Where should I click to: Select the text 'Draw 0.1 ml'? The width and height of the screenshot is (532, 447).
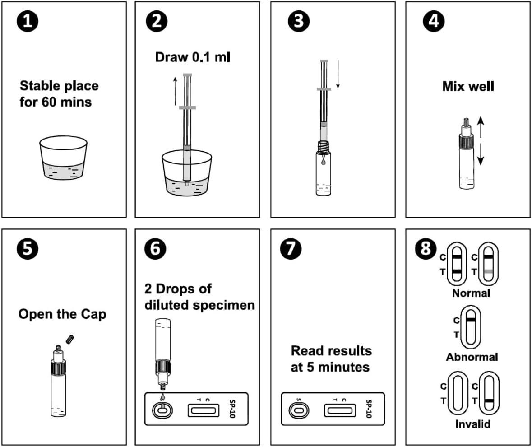click(193, 57)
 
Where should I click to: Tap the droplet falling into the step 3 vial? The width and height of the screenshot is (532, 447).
click(324, 160)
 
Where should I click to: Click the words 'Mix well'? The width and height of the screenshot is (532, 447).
click(468, 86)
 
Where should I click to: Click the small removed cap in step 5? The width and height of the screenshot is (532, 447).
click(69, 339)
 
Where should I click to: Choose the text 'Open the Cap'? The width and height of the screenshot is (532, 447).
click(62, 314)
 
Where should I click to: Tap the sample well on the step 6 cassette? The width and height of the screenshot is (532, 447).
click(162, 410)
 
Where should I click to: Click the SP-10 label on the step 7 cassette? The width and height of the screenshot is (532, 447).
click(368, 409)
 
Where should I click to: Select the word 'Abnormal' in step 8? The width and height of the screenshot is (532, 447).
click(472, 357)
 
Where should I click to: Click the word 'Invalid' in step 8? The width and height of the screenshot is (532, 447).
click(472, 424)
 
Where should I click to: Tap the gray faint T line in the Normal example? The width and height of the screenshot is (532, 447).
click(489, 271)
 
